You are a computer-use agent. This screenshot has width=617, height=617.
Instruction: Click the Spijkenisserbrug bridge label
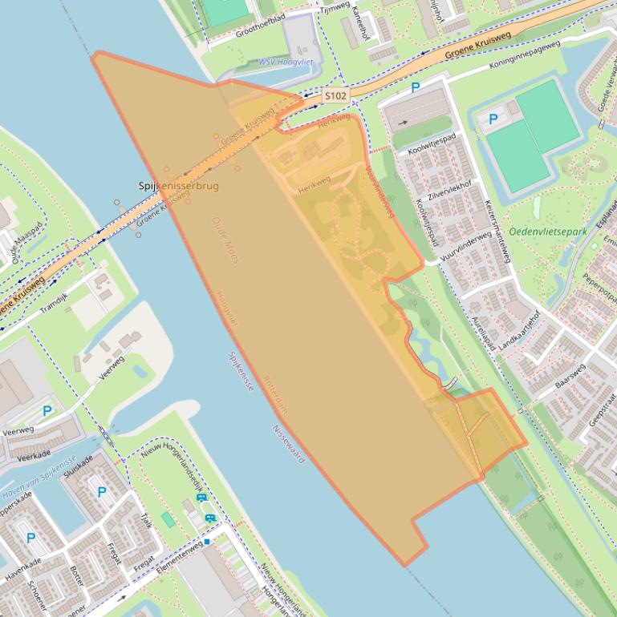click(178, 185)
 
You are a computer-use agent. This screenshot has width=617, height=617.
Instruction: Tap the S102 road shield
click(335, 96)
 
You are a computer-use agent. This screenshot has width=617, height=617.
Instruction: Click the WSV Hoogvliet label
click(285, 63)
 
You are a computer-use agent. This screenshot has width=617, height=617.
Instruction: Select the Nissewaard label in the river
click(290, 445)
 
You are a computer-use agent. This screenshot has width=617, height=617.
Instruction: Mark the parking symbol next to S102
click(416, 87)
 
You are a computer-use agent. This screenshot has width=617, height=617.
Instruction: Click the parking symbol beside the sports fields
click(493, 119)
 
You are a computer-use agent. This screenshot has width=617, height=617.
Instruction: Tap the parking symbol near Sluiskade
click(99, 491)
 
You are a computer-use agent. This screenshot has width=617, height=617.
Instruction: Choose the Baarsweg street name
click(570, 376)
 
